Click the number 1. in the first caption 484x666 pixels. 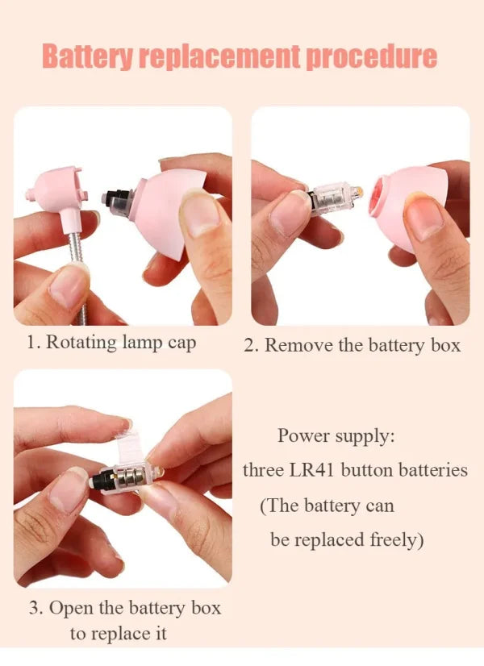(34, 342)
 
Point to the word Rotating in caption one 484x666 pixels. (79, 343)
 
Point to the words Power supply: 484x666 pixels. (336, 435)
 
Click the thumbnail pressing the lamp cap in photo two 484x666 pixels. (424, 219)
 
